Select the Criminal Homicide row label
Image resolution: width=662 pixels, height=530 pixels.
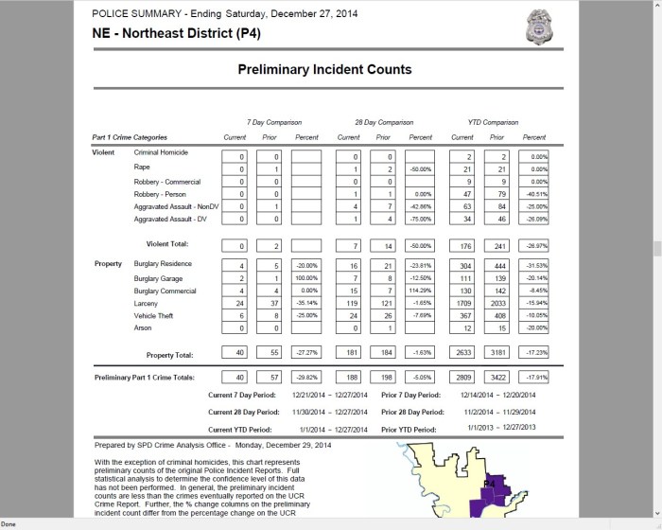point(161,152)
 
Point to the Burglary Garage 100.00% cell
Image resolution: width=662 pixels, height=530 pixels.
point(307,278)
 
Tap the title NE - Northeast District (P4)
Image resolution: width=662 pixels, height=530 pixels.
point(176,32)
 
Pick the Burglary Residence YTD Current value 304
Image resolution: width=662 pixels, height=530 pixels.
point(463,265)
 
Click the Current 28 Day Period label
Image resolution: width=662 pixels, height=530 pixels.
point(247,411)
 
